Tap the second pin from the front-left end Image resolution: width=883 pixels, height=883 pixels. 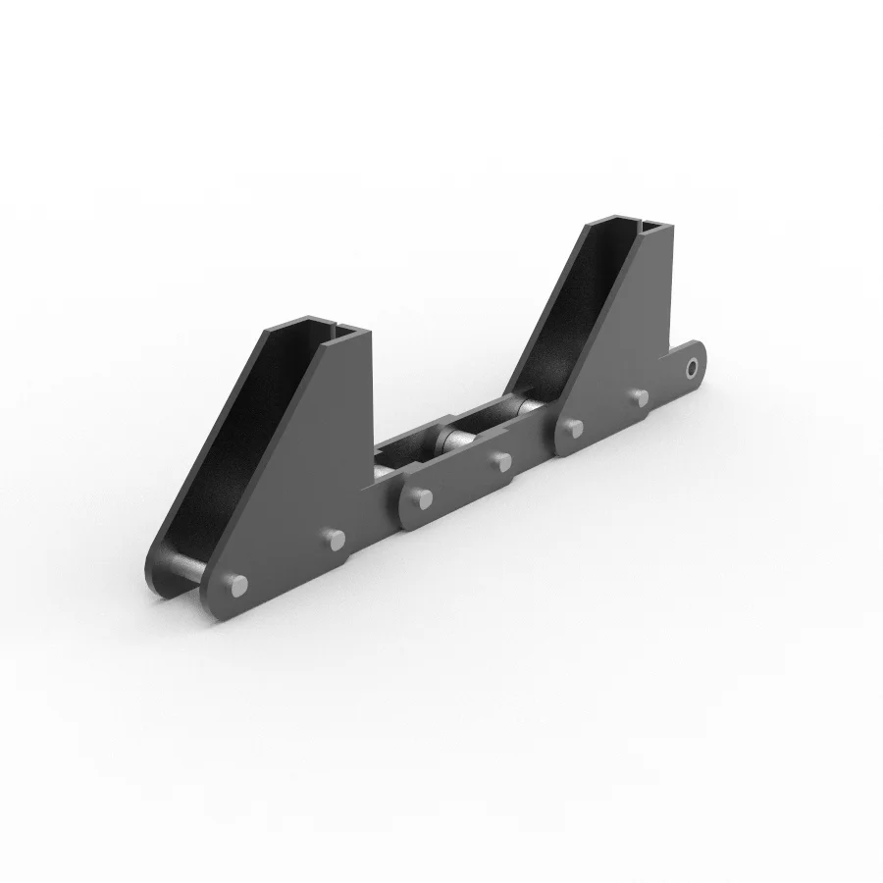point(336,539)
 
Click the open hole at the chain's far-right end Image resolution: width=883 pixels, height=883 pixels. point(693,369)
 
